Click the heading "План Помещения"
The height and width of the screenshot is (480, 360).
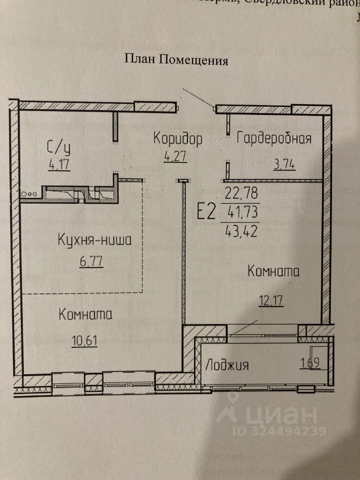pos(176,60)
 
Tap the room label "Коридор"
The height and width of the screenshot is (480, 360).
pos(178,138)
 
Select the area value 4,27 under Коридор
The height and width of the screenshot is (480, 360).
pos(175,156)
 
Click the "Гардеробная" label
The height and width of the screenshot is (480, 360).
pos(274,138)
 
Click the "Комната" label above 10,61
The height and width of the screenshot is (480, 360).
pos(85,315)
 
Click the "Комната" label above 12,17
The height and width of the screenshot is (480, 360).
pos(273,272)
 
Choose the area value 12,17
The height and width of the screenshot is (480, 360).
pos(272,301)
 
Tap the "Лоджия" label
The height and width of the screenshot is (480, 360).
pos(226,365)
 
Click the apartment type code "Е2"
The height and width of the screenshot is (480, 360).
pos(205,212)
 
